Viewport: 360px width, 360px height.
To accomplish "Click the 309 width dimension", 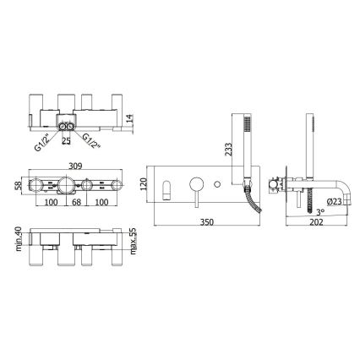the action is pos(75,166).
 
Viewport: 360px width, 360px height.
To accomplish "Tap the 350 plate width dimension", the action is pos(207,222).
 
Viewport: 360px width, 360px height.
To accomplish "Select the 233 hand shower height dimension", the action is pos(229,150).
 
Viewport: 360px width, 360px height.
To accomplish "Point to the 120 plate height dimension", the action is pos(144,184).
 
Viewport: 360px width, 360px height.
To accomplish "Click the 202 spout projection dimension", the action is pos(316,222).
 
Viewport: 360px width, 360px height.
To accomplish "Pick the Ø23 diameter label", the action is pos(335,201).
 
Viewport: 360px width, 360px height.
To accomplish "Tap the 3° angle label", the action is pos(319,211).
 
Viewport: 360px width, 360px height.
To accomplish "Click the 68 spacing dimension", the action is pos(76,202).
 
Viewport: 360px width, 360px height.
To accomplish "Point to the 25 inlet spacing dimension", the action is pos(66,141).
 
